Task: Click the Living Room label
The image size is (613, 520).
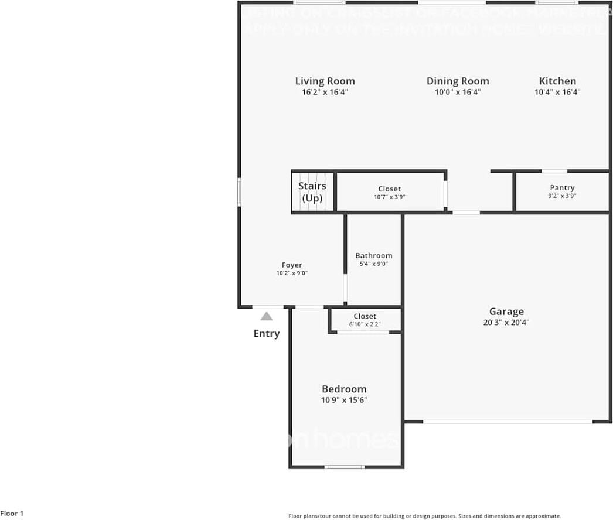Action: click(325, 81)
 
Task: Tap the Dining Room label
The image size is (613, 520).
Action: click(458, 81)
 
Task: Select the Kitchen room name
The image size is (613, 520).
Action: click(557, 81)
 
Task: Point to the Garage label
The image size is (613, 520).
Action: click(506, 312)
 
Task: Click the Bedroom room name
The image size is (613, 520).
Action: click(344, 389)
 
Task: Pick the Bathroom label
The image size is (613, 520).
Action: click(374, 255)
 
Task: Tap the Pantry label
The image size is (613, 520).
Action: click(562, 188)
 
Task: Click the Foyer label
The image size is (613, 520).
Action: click(292, 265)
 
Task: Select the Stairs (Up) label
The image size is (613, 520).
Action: click(312, 192)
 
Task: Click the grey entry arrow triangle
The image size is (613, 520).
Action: click(267, 316)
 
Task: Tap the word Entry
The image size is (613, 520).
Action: click(267, 334)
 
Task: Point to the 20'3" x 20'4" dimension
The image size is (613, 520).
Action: click(506, 322)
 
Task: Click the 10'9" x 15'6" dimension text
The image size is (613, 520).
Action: click(344, 400)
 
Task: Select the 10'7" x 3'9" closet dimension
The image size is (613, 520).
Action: click(390, 197)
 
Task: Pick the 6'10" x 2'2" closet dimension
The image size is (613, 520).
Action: click(365, 324)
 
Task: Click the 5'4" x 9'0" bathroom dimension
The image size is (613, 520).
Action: click(374, 264)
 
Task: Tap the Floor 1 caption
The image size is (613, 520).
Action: click(12, 514)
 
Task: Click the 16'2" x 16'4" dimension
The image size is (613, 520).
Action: click(325, 92)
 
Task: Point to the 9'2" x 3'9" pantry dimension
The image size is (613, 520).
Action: click(562, 196)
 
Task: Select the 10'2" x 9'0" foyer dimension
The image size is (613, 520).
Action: click(292, 273)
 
